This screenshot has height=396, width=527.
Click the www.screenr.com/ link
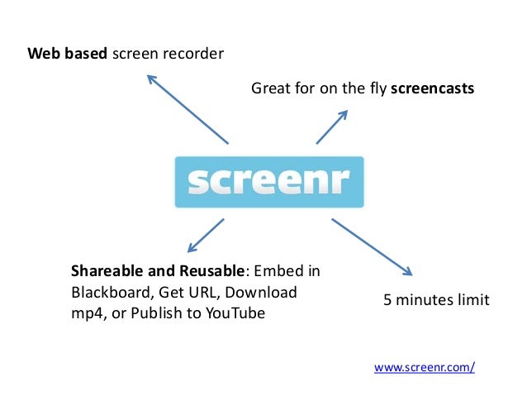(x=425, y=367)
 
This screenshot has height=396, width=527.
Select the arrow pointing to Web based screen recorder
(x=188, y=108)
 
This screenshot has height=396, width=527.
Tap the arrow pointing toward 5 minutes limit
(x=371, y=246)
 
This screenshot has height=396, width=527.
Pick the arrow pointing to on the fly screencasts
(x=331, y=127)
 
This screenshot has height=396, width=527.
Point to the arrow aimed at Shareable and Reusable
(x=206, y=235)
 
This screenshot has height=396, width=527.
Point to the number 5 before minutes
(x=387, y=299)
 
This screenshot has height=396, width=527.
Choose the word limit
(x=471, y=299)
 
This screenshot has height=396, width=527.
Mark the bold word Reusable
(x=209, y=271)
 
